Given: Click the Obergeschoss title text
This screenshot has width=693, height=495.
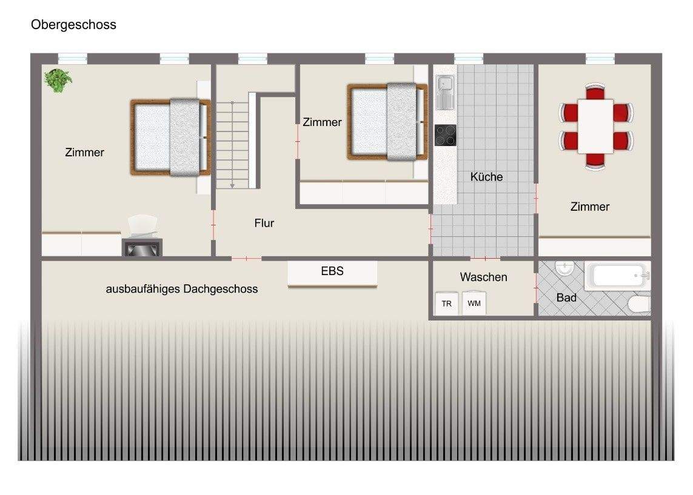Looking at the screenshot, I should click(73, 25).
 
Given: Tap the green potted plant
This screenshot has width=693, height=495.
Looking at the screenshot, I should click(58, 80).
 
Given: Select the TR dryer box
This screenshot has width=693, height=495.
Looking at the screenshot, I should click(447, 304).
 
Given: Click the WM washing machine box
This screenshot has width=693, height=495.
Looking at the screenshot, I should click(474, 303).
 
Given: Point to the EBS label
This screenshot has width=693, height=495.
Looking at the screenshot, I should click(332, 271).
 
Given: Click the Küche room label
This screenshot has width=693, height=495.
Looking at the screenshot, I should click(486, 177).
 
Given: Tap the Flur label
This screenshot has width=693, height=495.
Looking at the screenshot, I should click(264, 223).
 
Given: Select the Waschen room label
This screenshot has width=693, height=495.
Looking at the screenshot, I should click(483, 277).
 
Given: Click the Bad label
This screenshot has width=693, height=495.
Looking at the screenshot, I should click(566, 297).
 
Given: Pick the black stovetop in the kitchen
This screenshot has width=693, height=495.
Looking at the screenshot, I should click(446, 135).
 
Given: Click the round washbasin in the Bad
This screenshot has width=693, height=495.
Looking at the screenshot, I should click(564, 268).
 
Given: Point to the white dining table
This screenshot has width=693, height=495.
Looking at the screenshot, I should click(595, 126).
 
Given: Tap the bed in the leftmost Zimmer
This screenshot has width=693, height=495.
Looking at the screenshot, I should click(170, 137).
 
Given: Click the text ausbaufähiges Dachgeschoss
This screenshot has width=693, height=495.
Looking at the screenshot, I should click(182, 289).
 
